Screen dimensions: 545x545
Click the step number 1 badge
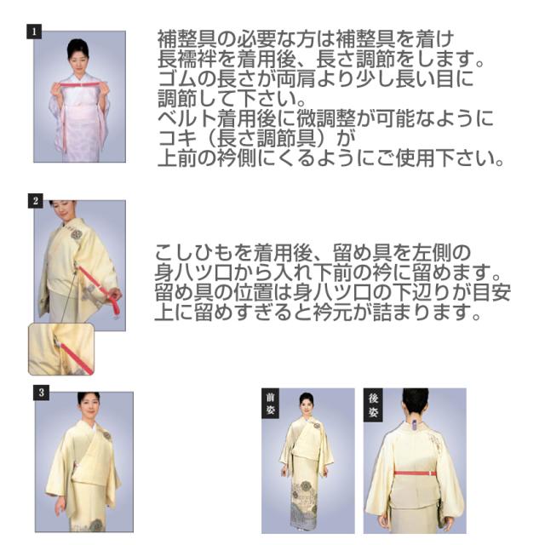coord(34,31)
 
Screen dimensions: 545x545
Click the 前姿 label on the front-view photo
coord(270,405)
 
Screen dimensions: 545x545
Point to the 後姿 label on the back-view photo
coord(372,404)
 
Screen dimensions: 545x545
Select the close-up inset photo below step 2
coord(61,348)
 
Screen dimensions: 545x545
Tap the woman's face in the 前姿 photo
coord(307,406)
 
